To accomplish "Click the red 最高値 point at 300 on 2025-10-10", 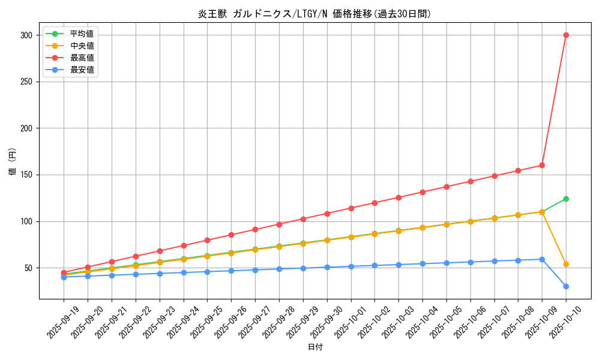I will (x=566, y=35).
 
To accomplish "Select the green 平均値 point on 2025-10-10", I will (x=566, y=199).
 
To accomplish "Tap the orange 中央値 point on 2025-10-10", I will (x=566, y=264).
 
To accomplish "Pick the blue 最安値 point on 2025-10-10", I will (x=566, y=286).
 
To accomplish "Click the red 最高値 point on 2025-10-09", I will (x=542, y=165).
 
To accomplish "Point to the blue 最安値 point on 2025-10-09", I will (x=542, y=259).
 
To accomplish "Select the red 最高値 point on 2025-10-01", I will (x=350, y=208).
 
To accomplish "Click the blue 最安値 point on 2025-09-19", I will (x=64, y=277).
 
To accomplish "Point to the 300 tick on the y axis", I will (x=26, y=35).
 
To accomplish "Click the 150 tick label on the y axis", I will (x=26, y=175).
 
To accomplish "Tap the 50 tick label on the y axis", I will (x=28, y=268).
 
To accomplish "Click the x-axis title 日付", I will (x=315, y=347).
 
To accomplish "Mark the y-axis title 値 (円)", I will (x=13, y=162).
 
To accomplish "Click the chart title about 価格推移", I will (x=315, y=14).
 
